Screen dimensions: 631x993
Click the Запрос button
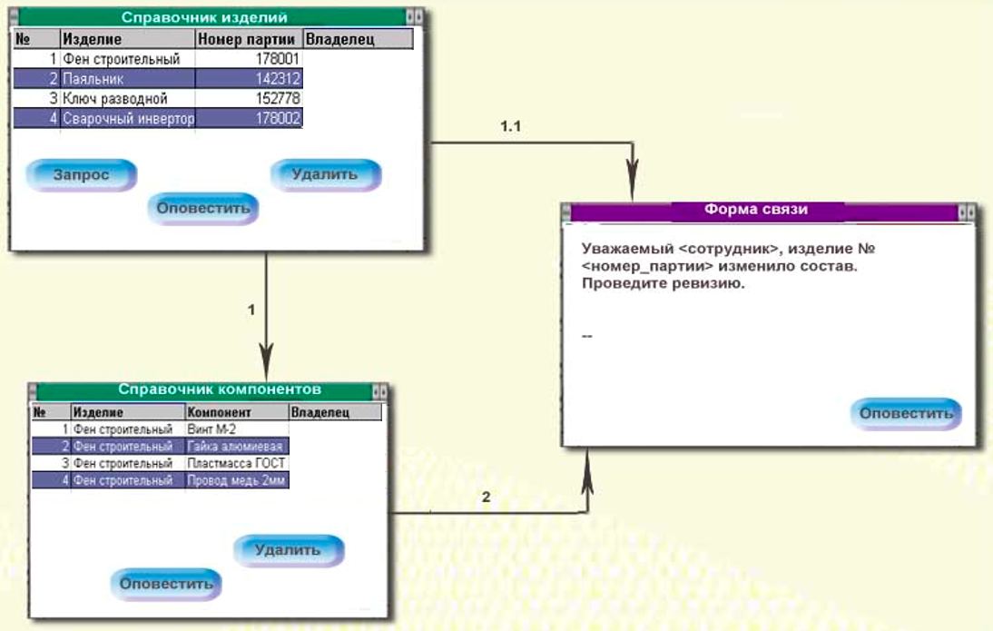81,174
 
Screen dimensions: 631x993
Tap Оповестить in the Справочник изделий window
202,208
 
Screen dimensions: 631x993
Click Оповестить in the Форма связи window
906,413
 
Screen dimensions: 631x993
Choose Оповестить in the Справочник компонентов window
166,583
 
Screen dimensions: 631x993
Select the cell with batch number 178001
249,59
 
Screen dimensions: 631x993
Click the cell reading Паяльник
127,79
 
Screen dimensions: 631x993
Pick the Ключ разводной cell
127,99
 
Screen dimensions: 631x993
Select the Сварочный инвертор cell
127,118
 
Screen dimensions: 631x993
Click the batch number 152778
249,99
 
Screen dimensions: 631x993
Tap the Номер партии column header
248,39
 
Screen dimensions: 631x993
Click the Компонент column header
236,412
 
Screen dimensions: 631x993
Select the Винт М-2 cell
236,429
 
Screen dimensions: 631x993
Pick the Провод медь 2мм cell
236,480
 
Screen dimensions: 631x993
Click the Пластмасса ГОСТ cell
236,463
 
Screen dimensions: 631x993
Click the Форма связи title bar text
756,210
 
